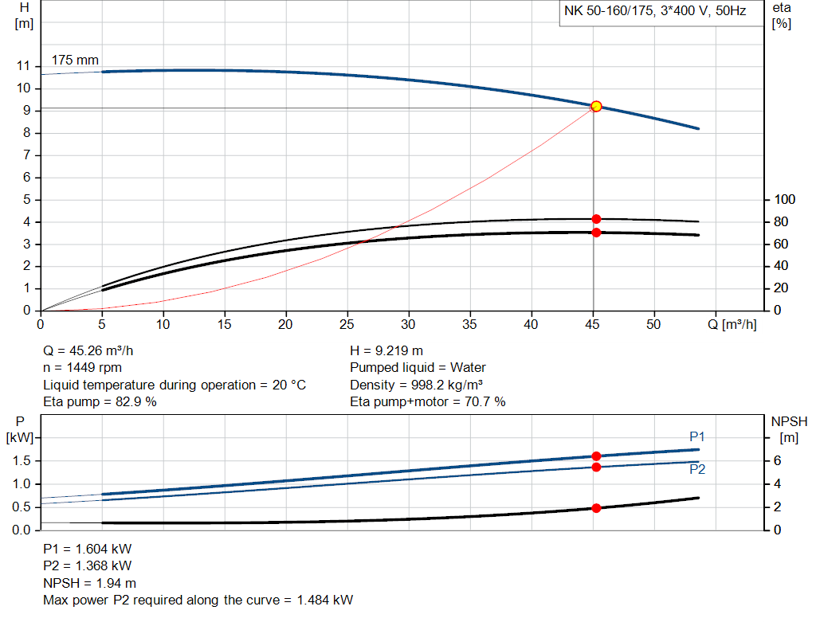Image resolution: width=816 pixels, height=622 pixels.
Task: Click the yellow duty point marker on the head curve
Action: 596,106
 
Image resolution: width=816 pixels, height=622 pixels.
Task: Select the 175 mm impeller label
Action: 76,60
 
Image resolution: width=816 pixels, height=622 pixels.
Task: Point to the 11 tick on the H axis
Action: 25,66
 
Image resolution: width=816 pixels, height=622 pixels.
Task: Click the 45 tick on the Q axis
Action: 593,325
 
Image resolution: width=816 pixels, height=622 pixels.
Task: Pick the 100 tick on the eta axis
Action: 785,199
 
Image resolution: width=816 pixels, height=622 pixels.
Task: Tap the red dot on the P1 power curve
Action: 596,456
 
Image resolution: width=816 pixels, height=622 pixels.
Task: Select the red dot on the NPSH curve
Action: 596,508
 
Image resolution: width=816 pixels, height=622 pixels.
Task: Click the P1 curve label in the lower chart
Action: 697,436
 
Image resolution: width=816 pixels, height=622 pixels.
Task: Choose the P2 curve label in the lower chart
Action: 697,469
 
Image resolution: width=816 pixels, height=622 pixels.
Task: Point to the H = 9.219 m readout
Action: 386,350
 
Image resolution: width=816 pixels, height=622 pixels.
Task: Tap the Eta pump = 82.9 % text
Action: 100,402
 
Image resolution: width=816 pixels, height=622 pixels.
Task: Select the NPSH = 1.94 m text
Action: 89,583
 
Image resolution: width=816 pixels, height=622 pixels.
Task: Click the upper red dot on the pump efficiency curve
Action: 596,219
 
